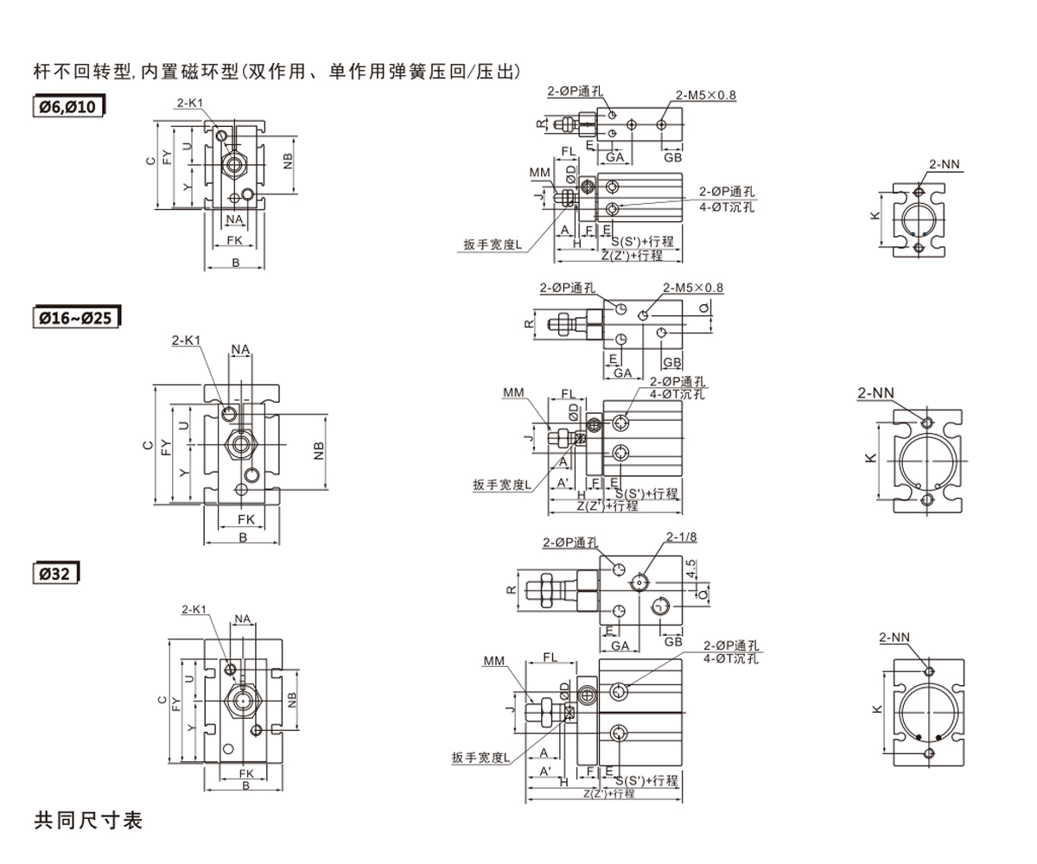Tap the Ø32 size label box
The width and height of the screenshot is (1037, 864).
coord(57,572)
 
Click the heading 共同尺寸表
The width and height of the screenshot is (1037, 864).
coord(87,820)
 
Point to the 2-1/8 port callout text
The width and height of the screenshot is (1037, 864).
coord(681,537)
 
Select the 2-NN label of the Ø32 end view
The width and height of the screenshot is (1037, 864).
coord(894,638)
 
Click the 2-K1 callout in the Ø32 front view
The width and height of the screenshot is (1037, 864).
coord(194,610)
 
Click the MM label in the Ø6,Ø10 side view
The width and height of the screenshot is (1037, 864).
coord(540,173)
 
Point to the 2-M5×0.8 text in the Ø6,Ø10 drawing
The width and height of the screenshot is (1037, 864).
coord(706,95)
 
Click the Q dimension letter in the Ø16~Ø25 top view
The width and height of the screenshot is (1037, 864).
coord(704,307)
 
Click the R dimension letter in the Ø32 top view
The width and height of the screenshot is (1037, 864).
coord(511,590)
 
